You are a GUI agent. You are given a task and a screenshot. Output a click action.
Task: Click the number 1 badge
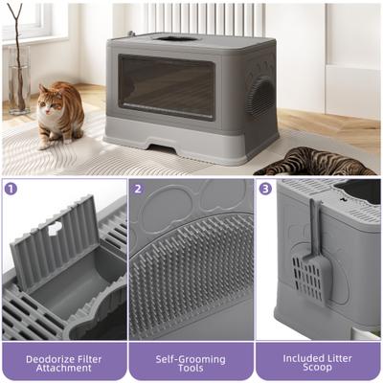[x=11, y=189]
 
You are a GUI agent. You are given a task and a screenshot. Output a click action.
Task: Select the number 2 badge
[x=138, y=189]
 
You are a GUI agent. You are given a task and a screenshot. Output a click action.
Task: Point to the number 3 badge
[x=265, y=189]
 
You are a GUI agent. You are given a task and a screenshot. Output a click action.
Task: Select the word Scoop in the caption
[x=318, y=369]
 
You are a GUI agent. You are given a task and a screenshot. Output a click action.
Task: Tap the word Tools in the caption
[x=191, y=369]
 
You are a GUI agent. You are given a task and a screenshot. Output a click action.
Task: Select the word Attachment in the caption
[x=63, y=369]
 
